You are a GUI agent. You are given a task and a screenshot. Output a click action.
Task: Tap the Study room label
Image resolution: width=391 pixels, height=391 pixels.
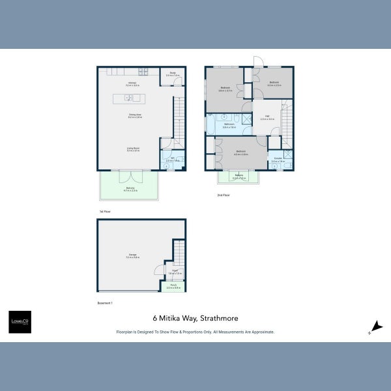(x=173, y=74)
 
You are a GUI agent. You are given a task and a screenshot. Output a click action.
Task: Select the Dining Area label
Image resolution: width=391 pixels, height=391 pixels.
(x=135, y=117)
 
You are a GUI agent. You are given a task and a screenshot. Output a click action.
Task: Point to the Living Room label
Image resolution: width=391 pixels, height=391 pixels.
(x=133, y=149)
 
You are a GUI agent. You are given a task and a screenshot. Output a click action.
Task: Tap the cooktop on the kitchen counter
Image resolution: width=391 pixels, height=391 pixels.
(x=143, y=71)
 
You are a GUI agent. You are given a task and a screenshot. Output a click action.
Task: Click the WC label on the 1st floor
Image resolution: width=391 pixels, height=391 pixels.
(x=173, y=159)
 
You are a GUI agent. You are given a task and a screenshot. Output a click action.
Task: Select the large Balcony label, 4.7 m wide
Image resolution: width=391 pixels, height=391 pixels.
(x=130, y=189)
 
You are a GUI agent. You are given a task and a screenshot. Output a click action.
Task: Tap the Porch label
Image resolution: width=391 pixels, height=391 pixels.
(x=173, y=285)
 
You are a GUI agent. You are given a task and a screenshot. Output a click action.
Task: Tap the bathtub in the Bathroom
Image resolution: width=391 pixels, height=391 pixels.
(x=212, y=124)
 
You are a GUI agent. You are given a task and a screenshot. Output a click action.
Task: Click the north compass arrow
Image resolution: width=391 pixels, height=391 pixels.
(x=375, y=326)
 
